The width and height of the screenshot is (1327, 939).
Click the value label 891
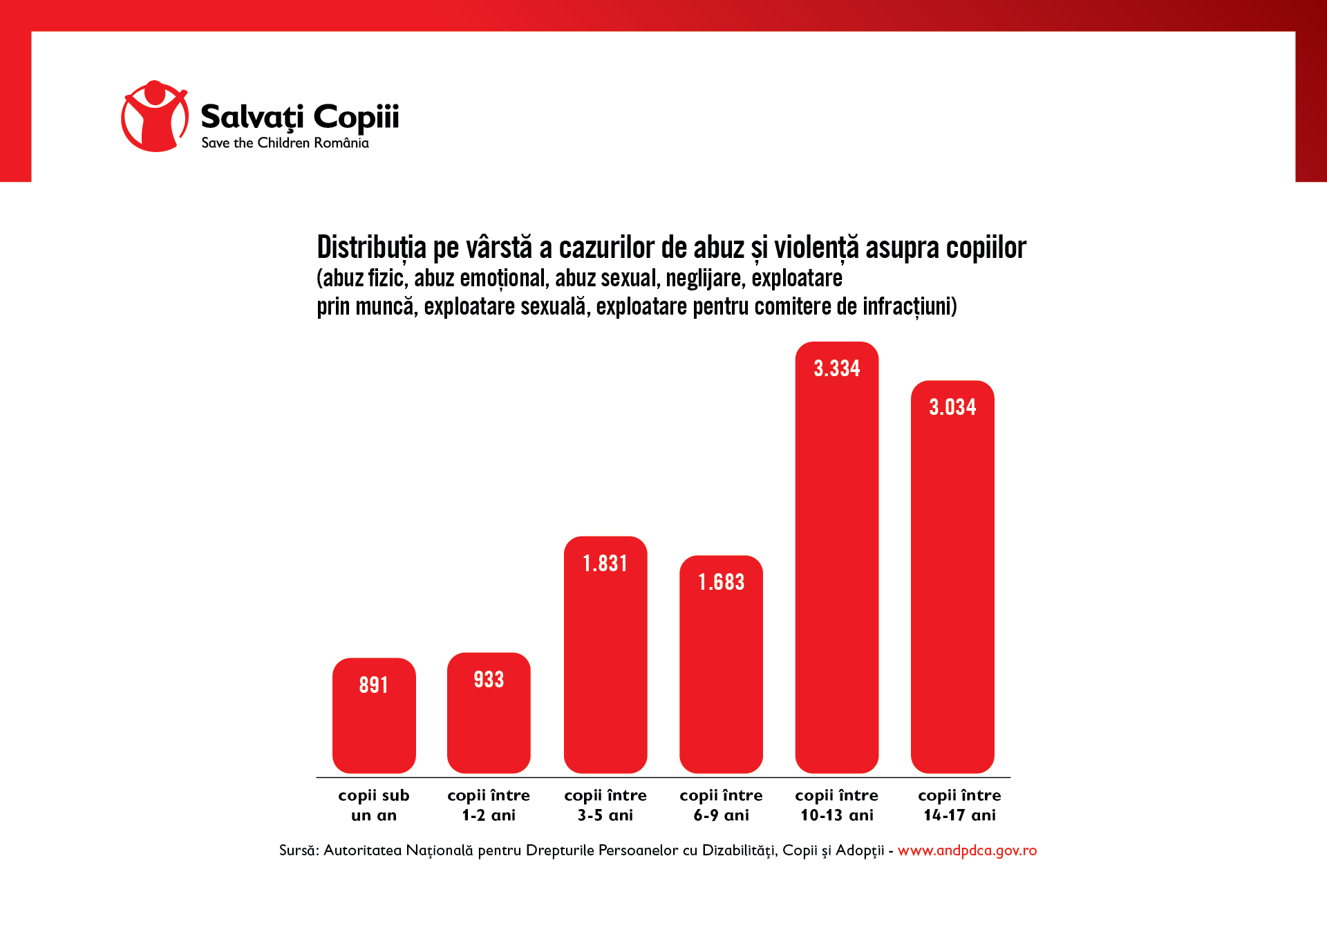(373, 685)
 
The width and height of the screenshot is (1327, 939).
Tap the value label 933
(489, 680)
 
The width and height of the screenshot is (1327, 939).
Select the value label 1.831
(605, 564)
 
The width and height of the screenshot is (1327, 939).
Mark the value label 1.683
(721, 582)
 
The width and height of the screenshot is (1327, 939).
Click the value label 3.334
(836, 369)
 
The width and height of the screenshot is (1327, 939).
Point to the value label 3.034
(952, 407)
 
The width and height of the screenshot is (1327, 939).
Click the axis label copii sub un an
(374, 805)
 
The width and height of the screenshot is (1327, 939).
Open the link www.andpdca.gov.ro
(967, 850)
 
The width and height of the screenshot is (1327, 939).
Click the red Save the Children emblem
(155, 116)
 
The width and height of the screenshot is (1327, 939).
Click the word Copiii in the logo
(356, 117)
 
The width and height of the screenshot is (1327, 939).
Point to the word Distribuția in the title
(371, 248)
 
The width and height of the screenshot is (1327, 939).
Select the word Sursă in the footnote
(298, 850)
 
